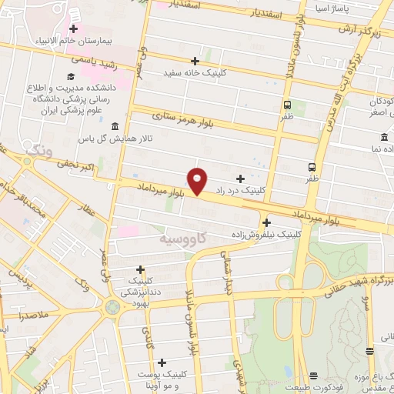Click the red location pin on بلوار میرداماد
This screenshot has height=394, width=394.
(x=199, y=180)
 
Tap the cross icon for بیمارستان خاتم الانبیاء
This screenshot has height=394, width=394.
(x=73, y=28)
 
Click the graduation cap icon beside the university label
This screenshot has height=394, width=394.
(x=70, y=77)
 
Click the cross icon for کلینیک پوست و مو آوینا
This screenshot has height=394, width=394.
(x=162, y=362)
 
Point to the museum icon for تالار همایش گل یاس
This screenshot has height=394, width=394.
(x=115, y=126)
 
